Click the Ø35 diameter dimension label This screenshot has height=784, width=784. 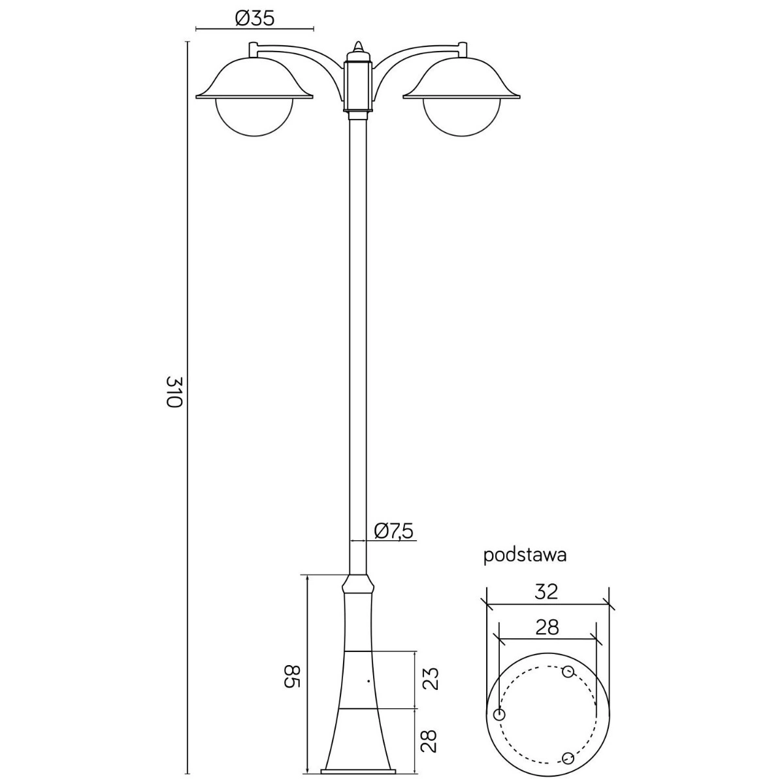pyautogui.click(x=255, y=18)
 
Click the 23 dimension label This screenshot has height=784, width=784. pyautogui.click(x=431, y=678)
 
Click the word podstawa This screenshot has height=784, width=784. pyautogui.click(x=525, y=556)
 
